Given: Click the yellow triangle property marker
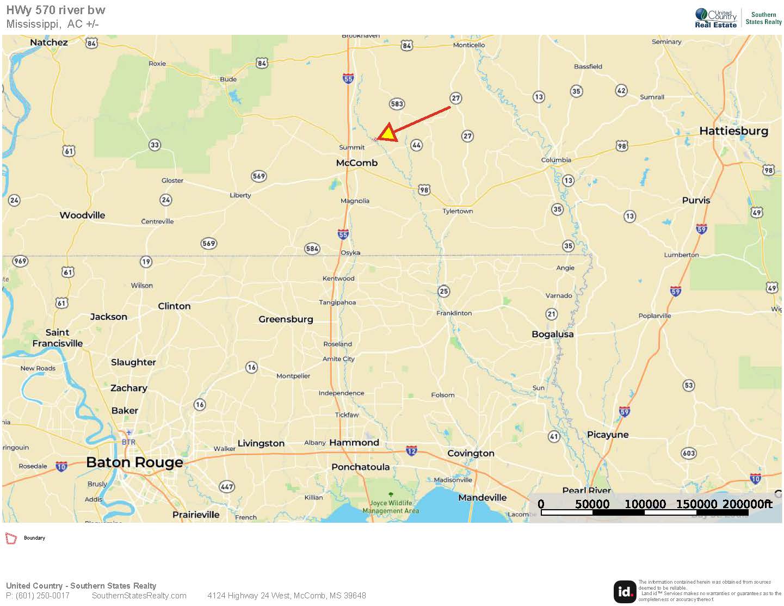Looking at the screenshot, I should coord(387,134).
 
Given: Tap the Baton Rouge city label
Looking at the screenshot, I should coord(134,462).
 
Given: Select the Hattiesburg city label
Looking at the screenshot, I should coord(733,131).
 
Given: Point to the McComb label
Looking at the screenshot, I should coord(356,163).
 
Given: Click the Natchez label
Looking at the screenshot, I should coord(49,42).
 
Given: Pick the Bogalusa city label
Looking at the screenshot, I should coord(552,334).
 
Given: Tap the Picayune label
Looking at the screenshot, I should coord(608,434).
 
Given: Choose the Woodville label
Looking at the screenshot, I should coord(82,215).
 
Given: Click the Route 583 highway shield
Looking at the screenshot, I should coord(397,104).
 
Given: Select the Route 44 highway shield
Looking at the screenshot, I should coord(416,145).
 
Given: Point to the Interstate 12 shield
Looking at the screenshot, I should coord(411,450).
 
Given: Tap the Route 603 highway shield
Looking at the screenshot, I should coord(688,453).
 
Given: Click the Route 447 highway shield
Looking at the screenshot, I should coord(226,486).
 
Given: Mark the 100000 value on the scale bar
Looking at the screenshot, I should coord(645,504).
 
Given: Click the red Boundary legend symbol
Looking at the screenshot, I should coord(11,538).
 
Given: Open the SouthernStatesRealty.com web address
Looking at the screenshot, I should coord(139,596).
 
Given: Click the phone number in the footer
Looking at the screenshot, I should coord(38,596).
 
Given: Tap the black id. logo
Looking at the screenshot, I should coord(625,592).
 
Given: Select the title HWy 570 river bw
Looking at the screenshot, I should coord(55,10).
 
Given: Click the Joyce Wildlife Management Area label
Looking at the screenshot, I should coord(391,507).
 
